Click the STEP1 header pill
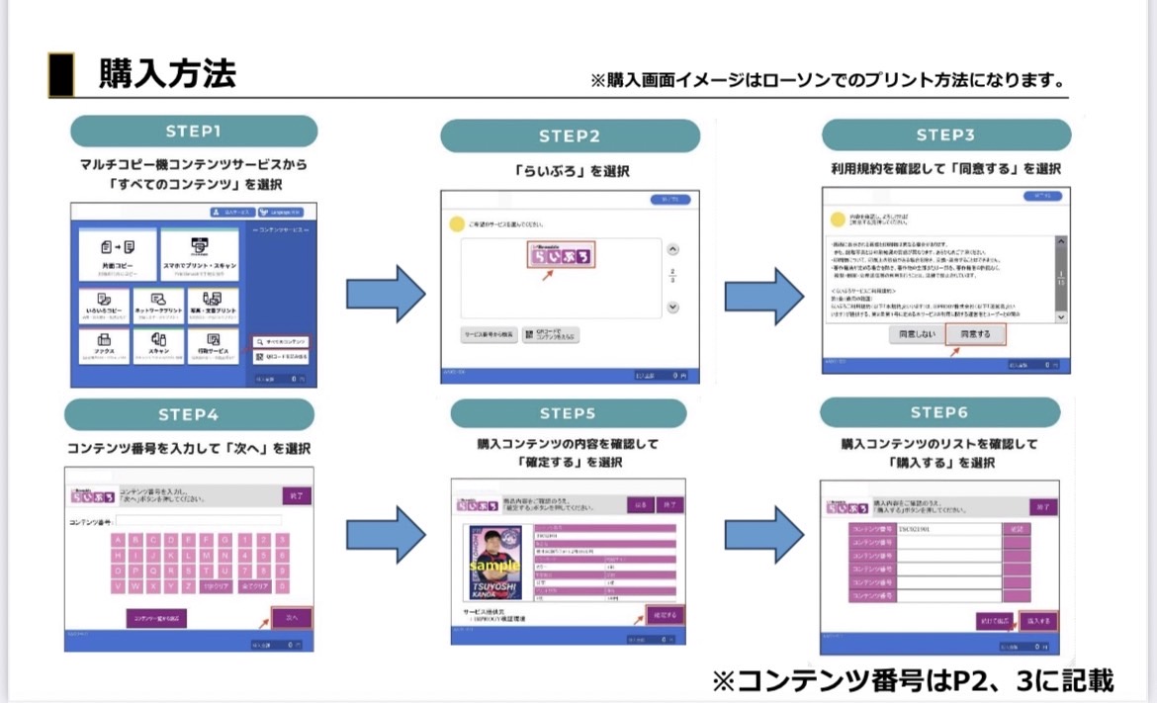point(194,131)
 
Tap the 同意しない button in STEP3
point(915,335)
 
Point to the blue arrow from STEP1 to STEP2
point(385,293)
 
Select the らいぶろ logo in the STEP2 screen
point(560,257)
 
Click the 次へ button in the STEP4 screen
point(292,617)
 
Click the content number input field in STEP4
point(198,521)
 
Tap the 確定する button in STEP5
point(664,615)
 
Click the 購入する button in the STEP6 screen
point(1039,621)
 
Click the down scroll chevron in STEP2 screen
point(672,308)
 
